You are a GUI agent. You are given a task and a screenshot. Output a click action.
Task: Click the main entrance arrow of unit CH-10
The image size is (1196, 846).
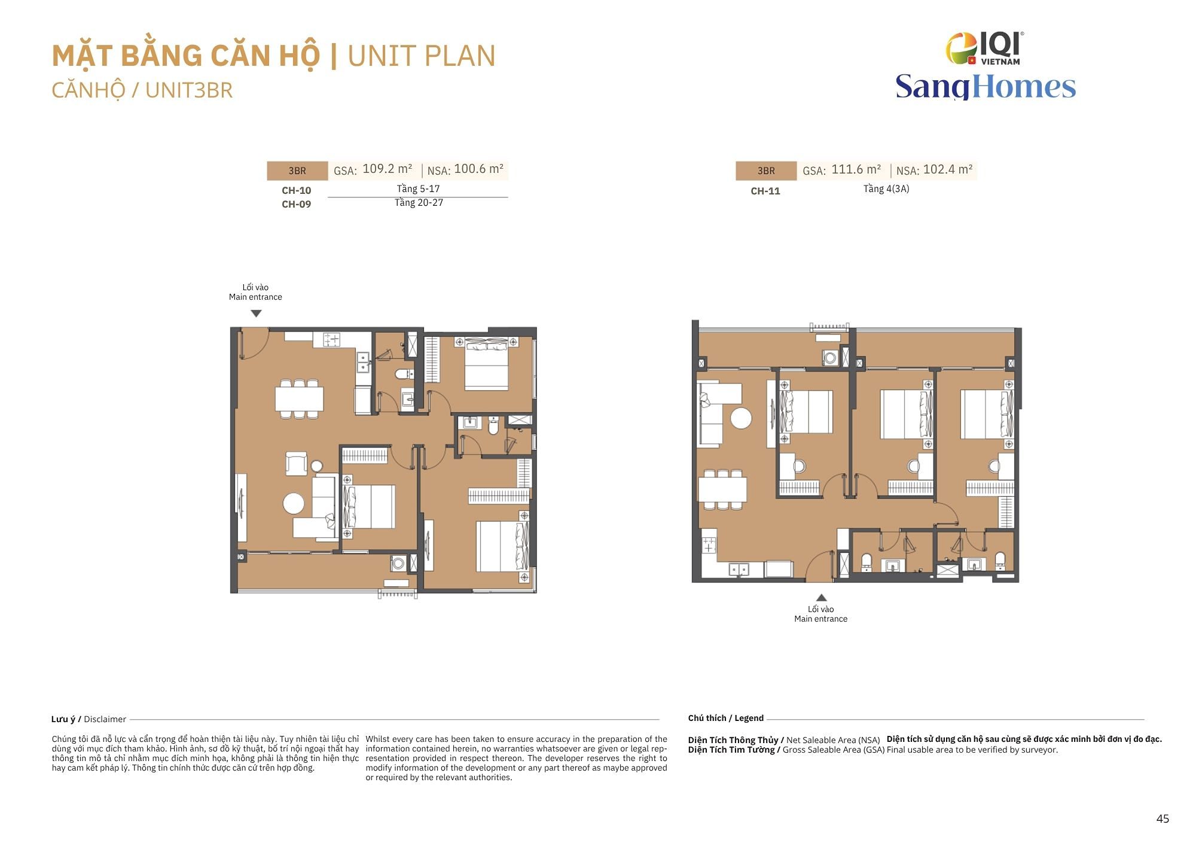(256, 314)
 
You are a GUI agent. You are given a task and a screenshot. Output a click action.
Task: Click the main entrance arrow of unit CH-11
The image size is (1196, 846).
(822, 597)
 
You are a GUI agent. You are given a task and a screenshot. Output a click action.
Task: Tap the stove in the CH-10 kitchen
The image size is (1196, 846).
(331, 340)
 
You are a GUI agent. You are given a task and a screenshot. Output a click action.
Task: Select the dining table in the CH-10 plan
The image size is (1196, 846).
(300, 398)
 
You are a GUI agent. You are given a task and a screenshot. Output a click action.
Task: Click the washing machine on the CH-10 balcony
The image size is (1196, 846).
(398, 563)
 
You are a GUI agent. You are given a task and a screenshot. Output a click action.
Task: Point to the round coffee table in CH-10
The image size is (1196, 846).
(294, 503)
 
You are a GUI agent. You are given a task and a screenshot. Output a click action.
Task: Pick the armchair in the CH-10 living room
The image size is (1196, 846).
(297, 463)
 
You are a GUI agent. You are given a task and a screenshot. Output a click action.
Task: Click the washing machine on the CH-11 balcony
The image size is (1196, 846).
(830, 358)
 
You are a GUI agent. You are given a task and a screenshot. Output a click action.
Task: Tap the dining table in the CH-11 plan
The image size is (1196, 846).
(722, 489)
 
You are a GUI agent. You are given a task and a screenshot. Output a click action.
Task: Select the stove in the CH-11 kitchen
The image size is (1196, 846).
(709, 545)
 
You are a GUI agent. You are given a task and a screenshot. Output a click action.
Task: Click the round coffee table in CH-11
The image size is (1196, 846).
(742, 418)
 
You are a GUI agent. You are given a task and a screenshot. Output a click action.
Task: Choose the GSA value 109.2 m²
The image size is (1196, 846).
(388, 169)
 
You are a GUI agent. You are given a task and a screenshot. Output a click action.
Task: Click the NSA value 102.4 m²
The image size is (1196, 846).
(948, 169)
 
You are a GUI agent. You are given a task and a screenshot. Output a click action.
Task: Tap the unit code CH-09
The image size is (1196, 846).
(297, 204)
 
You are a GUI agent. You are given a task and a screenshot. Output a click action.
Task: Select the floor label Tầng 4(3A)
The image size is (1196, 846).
(886, 189)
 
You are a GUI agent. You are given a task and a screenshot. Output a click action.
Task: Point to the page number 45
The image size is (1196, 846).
(1163, 818)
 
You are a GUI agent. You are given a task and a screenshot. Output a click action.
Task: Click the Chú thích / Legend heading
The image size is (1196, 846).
(726, 718)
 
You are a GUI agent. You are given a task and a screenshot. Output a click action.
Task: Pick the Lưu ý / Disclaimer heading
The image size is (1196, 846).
(89, 719)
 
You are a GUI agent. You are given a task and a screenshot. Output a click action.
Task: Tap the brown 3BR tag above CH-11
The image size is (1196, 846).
(766, 171)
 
